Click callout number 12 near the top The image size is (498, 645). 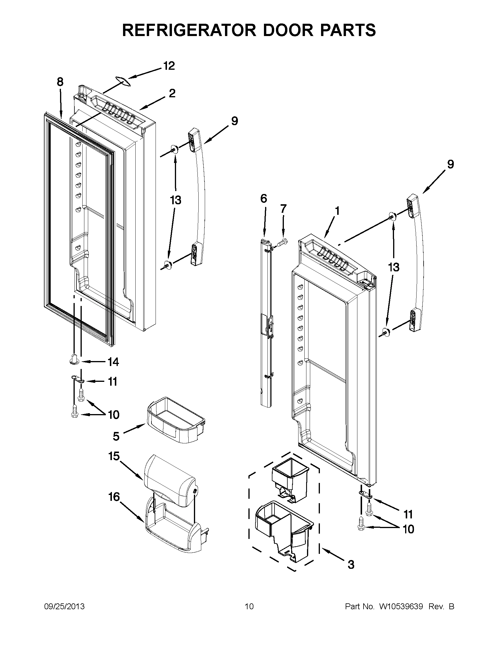pyautogui.click(x=169, y=66)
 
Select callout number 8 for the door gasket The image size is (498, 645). pyautogui.click(x=60, y=81)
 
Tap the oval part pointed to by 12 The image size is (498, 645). pyautogui.click(x=123, y=81)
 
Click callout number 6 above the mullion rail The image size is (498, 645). pyautogui.click(x=264, y=198)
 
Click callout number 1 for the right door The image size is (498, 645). pyautogui.click(x=337, y=211)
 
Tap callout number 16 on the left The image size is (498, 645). pyautogui.click(x=114, y=497)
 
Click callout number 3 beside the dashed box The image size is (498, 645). pyautogui.click(x=351, y=564)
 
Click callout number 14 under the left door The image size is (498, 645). pyautogui.click(x=113, y=362)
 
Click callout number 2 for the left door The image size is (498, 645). pyautogui.click(x=172, y=93)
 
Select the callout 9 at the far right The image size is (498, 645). pyautogui.click(x=450, y=164)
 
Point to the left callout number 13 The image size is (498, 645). pyautogui.click(x=175, y=200)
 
